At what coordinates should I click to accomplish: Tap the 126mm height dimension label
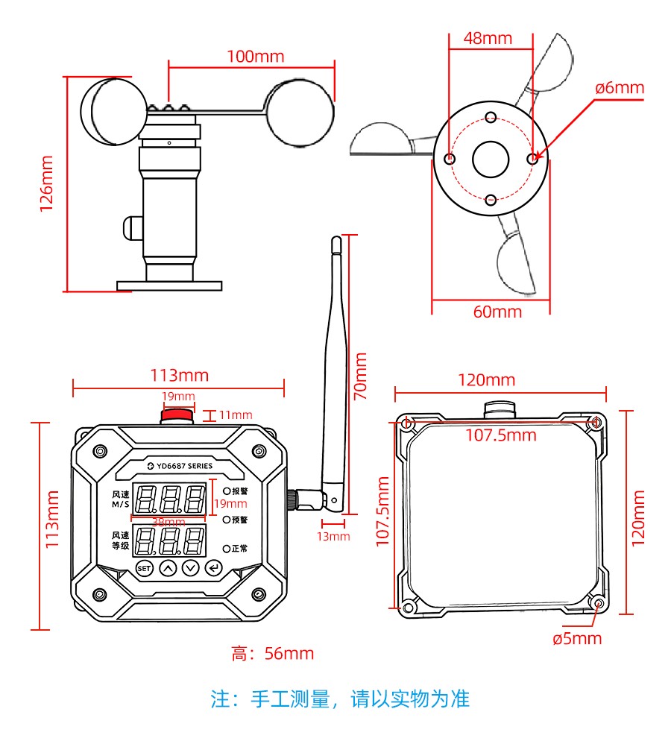click(47, 183)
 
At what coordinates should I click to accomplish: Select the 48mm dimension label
click(488, 39)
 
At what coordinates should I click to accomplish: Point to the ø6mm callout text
click(619, 88)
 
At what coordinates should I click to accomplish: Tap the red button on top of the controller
click(178, 415)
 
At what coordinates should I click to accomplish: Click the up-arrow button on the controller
click(168, 569)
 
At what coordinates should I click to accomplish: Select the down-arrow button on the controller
click(192, 569)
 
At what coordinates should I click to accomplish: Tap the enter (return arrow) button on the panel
click(215, 569)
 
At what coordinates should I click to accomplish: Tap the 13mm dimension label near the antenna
click(333, 536)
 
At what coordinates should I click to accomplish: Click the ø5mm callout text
click(577, 639)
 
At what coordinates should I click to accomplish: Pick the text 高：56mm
click(273, 655)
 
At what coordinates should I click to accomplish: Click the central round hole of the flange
click(491, 159)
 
